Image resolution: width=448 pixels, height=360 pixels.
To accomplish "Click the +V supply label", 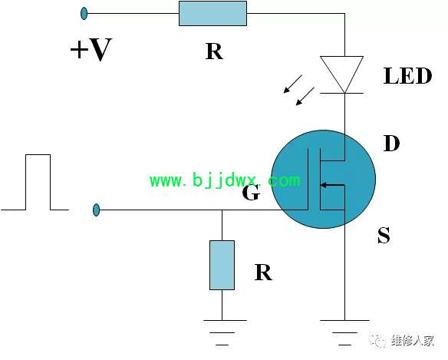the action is click(x=91, y=50).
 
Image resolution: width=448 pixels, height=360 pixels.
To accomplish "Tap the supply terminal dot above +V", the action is click(x=84, y=14).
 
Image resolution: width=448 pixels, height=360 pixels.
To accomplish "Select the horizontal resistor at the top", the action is click(x=212, y=14).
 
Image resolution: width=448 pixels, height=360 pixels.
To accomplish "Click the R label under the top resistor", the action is click(x=214, y=51).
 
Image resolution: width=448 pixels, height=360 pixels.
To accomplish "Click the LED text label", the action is click(x=407, y=76).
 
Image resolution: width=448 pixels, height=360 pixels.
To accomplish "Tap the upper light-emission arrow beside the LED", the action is click(x=292, y=84).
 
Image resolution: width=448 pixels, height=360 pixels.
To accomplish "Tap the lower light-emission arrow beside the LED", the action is click(x=305, y=97).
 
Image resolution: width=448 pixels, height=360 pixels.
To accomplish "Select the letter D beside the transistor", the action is click(x=391, y=144).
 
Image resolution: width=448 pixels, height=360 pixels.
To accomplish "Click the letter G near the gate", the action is click(x=251, y=192).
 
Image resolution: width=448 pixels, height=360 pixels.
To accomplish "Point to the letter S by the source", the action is click(x=384, y=235).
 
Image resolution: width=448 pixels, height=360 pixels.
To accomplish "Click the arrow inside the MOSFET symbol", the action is click(x=333, y=185).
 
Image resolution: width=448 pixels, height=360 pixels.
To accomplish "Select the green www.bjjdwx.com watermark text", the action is click(x=225, y=180).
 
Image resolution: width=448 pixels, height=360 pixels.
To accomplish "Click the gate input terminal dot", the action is click(x=97, y=210).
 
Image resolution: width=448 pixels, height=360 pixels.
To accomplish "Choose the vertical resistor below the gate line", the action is click(x=222, y=265).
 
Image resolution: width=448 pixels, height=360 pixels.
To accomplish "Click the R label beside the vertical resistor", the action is click(x=263, y=272).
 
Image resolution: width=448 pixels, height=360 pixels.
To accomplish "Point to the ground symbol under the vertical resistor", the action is click(x=222, y=332).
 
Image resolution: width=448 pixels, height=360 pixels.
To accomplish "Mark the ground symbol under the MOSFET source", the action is click(x=344, y=332).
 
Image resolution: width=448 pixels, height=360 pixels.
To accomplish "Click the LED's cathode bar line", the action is click(x=341, y=93).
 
